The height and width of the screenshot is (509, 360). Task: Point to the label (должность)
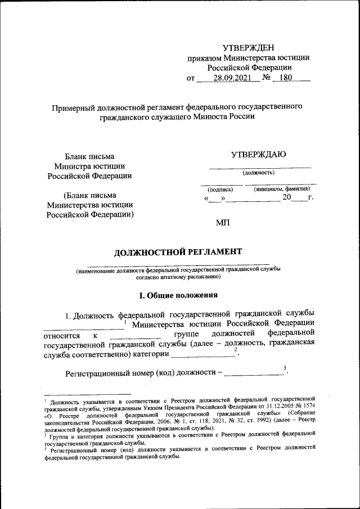pos(258,173)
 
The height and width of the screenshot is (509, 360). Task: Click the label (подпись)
pos(220,190)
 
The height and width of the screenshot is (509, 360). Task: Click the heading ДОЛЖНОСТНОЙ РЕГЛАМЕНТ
pos(178,251)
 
